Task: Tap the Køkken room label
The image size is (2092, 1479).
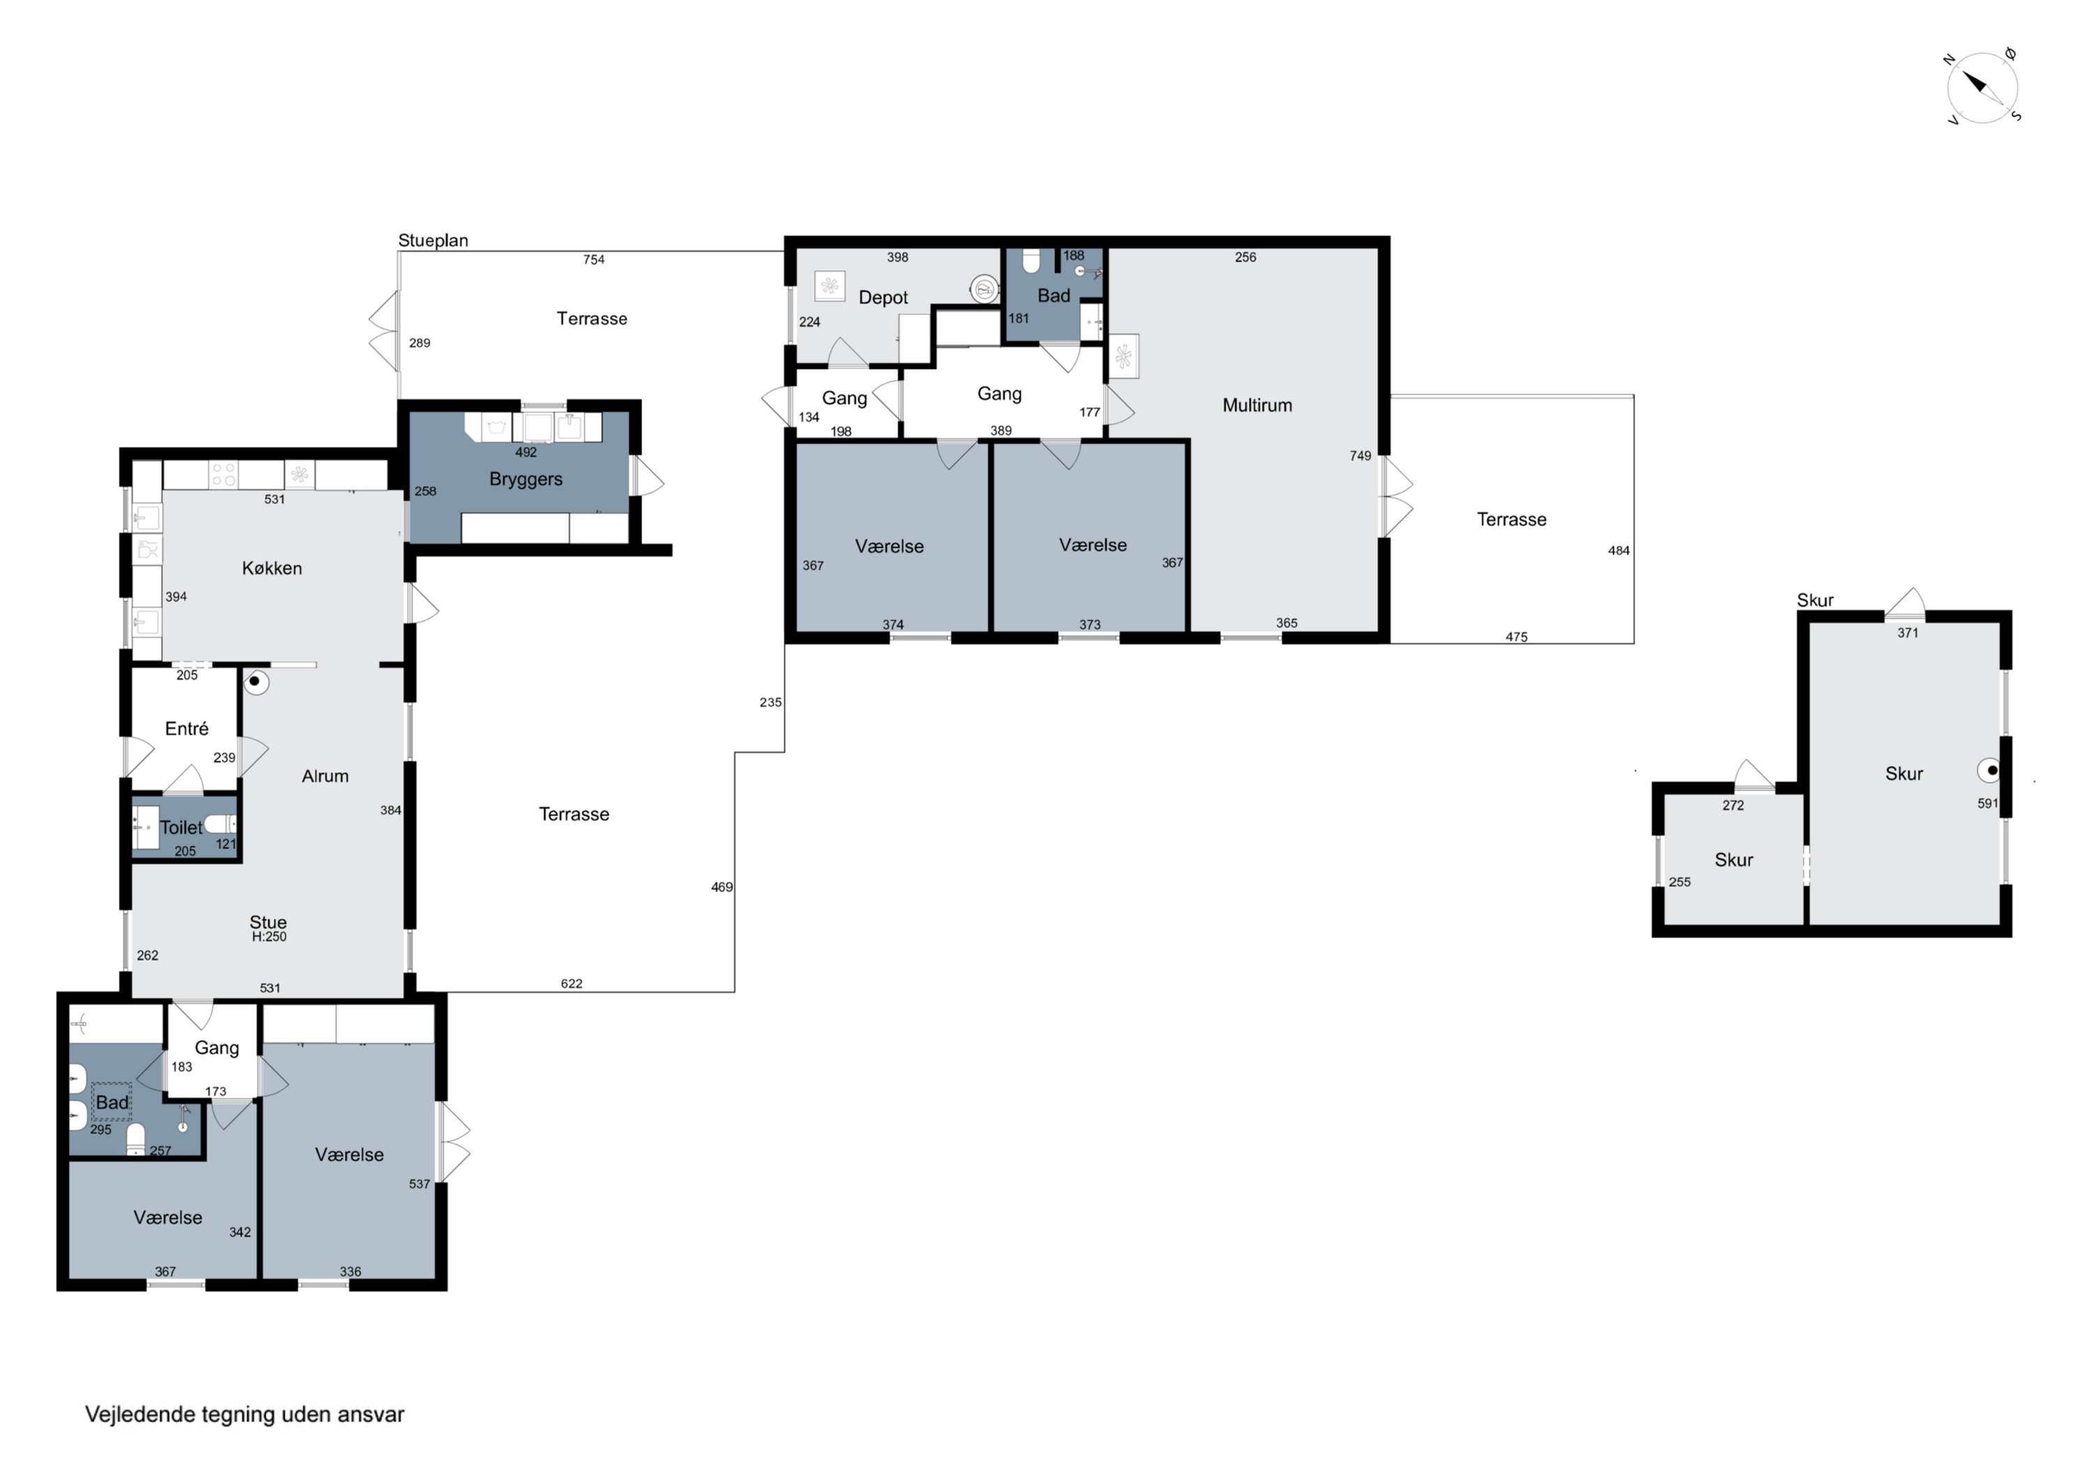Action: (271, 568)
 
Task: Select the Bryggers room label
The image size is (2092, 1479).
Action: (526, 479)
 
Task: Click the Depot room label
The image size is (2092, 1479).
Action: (883, 298)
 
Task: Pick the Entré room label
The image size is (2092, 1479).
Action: (187, 728)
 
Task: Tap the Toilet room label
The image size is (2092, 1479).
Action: (181, 828)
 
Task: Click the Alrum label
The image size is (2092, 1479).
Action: (325, 776)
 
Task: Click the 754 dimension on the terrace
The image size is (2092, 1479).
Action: (594, 259)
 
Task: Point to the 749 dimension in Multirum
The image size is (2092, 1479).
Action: (1360, 455)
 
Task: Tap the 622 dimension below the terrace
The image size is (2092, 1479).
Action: (571, 983)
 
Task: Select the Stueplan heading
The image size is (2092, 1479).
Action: (433, 241)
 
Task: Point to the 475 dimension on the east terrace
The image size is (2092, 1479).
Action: (1516, 637)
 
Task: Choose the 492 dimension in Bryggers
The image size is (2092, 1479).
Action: (526, 452)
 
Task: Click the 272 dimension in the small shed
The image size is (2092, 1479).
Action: (1733, 805)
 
